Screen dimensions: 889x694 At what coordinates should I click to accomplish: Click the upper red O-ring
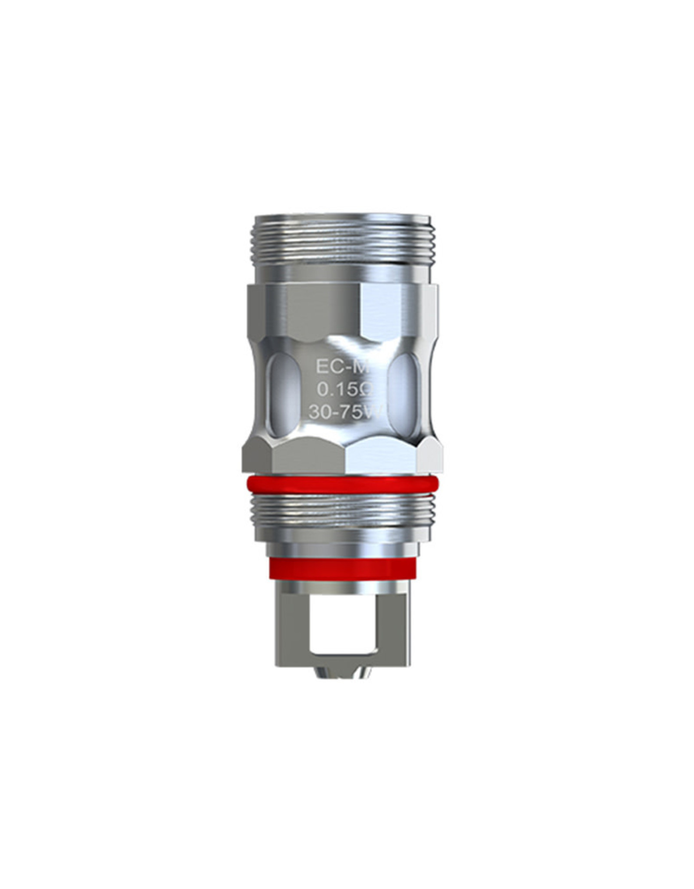[x=342, y=484]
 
